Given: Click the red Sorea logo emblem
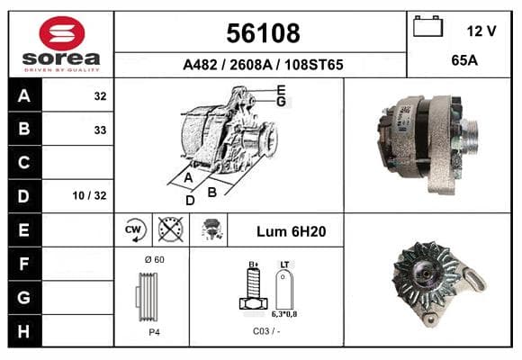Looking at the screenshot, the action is [62, 33].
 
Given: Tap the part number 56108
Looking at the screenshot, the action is [263, 33].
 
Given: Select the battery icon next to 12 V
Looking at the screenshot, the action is [427, 26].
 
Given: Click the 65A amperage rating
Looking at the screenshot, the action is [464, 60].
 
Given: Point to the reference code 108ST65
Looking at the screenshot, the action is [313, 65].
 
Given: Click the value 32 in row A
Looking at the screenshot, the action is [100, 96].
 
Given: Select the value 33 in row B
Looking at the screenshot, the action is [100, 130].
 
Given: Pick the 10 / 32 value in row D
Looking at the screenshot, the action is [90, 195].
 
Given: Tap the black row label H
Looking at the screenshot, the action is [24, 332].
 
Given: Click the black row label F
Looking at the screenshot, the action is [24, 264].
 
